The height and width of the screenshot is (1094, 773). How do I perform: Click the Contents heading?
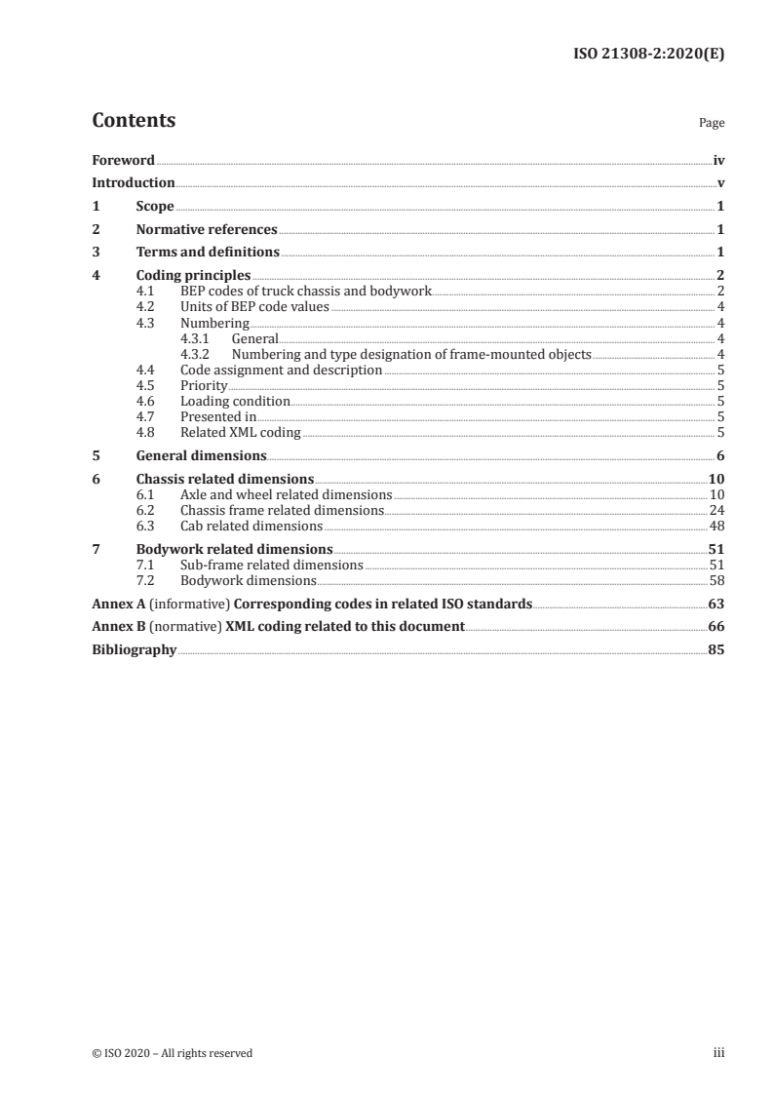(134, 121)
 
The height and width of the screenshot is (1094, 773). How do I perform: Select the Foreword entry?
(123, 160)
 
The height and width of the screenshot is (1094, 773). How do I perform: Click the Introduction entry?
(134, 182)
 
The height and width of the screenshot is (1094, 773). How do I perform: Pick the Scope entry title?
(155, 207)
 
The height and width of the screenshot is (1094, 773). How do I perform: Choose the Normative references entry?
(207, 230)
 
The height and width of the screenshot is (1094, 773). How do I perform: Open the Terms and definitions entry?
(208, 253)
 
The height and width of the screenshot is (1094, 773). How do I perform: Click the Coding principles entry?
(193, 276)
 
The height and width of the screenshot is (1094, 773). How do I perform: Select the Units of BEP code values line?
(254, 307)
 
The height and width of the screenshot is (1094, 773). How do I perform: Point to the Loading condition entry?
(235, 401)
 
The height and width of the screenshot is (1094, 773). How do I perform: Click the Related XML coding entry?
(241, 432)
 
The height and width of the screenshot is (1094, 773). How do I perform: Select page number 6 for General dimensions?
(720, 455)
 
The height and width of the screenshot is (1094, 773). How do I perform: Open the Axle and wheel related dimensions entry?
(286, 494)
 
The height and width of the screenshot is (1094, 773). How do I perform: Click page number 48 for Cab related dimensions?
(716, 526)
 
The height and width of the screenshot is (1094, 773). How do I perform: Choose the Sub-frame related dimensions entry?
(272, 565)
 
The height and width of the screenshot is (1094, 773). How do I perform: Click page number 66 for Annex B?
(716, 626)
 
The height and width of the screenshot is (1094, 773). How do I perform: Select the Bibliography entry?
(134, 649)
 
